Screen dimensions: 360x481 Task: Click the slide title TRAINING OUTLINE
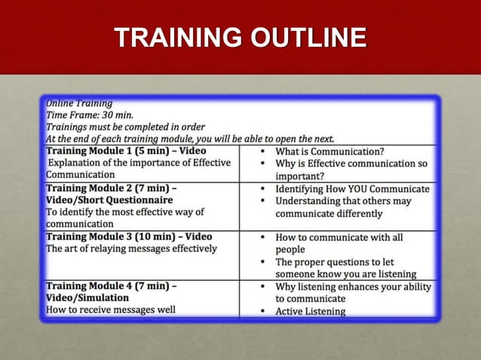tap(240, 38)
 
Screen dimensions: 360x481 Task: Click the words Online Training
tap(80, 103)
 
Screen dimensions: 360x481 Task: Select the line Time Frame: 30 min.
tap(90, 115)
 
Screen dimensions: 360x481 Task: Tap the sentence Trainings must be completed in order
tap(125, 127)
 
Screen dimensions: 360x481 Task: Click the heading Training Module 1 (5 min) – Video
tap(126, 151)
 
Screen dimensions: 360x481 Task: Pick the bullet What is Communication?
tap(330, 151)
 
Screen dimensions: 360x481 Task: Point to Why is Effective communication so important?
tap(351, 169)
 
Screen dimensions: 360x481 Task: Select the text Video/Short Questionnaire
tap(109, 200)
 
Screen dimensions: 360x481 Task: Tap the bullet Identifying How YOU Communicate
tap(352, 189)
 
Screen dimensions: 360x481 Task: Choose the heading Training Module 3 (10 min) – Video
tap(129, 236)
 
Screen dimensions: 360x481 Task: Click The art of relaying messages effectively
tap(132, 249)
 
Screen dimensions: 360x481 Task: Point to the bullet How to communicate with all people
tap(339, 243)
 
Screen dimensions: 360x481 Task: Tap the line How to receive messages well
tap(111, 310)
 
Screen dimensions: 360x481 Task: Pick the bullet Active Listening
tap(311, 311)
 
